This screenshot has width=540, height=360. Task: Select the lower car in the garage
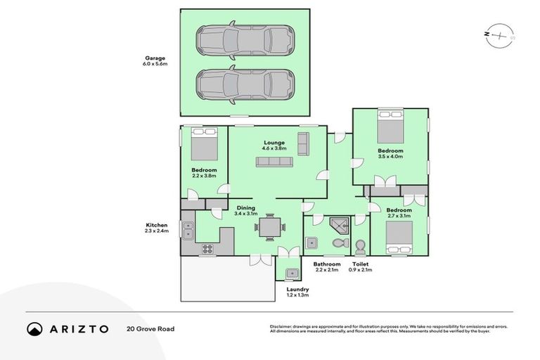[244, 84]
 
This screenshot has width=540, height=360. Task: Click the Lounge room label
[274, 146]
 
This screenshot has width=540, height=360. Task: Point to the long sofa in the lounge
[274, 162]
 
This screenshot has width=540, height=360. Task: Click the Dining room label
[245, 210]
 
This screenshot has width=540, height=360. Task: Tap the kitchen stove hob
[208, 247]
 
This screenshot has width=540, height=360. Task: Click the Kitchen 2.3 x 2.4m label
[156, 228]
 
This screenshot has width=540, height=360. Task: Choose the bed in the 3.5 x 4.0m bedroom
[390, 128]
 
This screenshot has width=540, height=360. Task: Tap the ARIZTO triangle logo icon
[34, 328]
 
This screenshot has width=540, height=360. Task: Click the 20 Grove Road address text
[150, 328]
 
